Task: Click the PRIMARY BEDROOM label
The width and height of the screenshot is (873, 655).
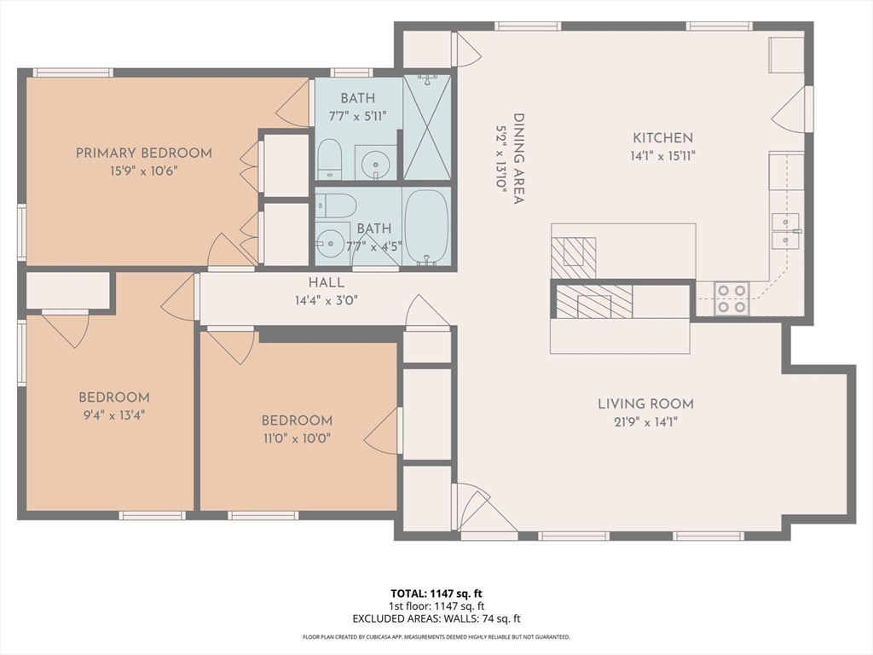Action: [x=143, y=154]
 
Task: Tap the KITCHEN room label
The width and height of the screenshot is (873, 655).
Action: [x=662, y=137]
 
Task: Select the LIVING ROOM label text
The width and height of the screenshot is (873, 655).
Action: [x=646, y=403]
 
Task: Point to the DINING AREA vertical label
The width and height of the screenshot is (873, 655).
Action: [x=518, y=159]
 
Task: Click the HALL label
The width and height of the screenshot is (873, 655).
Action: [x=327, y=282]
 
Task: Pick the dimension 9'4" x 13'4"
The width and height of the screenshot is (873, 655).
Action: [x=114, y=415]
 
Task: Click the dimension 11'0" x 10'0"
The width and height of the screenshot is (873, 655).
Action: [x=297, y=438]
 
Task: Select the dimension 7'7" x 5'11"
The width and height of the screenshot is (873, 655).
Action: [x=357, y=116]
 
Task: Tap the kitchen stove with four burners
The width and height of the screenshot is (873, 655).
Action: [x=731, y=299]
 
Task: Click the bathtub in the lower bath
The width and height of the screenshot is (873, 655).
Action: [x=426, y=227]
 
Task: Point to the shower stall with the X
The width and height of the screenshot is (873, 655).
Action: [x=426, y=128]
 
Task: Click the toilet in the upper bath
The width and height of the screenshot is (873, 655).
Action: [x=329, y=159]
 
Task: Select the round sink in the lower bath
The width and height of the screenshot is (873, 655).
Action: [x=329, y=244]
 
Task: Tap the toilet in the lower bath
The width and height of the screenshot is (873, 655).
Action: [x=335, y=206]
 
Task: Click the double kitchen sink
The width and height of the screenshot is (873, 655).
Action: [x=785, y=230]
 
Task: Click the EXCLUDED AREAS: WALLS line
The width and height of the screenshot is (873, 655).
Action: [x=436, y=618]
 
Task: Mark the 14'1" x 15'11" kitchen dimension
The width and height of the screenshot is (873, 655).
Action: [x=662, y=156]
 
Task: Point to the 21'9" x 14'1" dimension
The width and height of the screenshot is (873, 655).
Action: [x=646, y=422]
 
